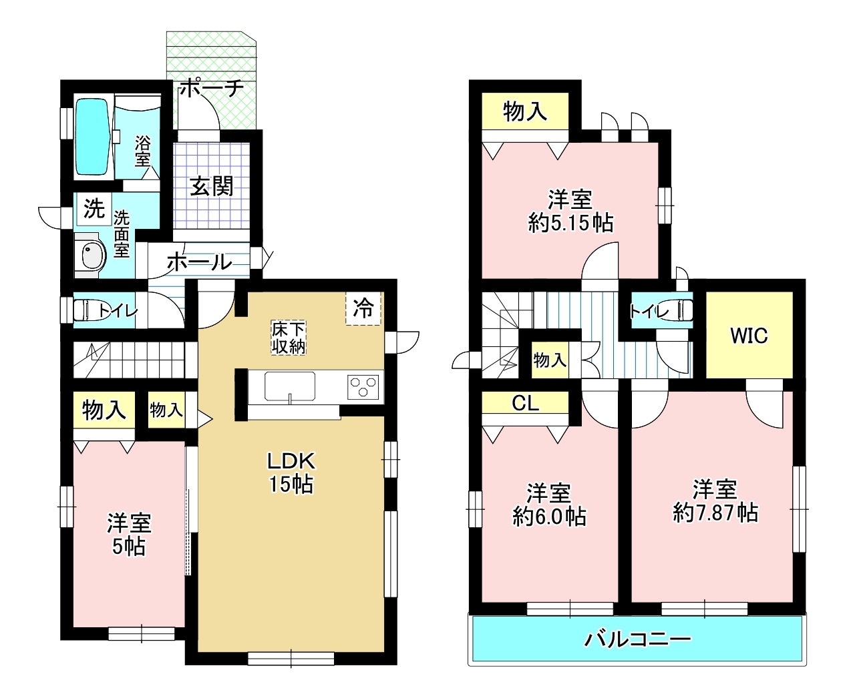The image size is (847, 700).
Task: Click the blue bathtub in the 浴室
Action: click(x=93, y=137)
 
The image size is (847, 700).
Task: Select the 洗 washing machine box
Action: click(x=94, y=209)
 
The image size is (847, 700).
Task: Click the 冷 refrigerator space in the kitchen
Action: click(x=363, y=308)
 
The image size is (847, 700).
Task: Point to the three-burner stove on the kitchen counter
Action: click(x=363, y=386)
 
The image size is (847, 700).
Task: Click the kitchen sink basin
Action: click(x=290, y=386)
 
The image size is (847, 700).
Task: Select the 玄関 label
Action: click(x=212, y=187)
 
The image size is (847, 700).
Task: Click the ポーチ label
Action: click(x=211, y=88)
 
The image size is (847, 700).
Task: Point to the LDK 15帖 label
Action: click(x=291, y=472)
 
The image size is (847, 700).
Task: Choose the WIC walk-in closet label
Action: click(x=749, y=336)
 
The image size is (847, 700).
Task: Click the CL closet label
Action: click(x=525, y=403)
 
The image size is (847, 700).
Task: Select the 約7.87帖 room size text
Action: click(x=715, y=514)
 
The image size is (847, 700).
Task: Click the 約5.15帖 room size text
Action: click(x=570, y=222)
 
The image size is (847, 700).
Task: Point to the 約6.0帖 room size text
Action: click(x=549, y=516)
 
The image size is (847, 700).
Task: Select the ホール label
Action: click(x=199, y=262)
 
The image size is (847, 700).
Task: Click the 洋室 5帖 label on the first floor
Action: click(x=129, y=535)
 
